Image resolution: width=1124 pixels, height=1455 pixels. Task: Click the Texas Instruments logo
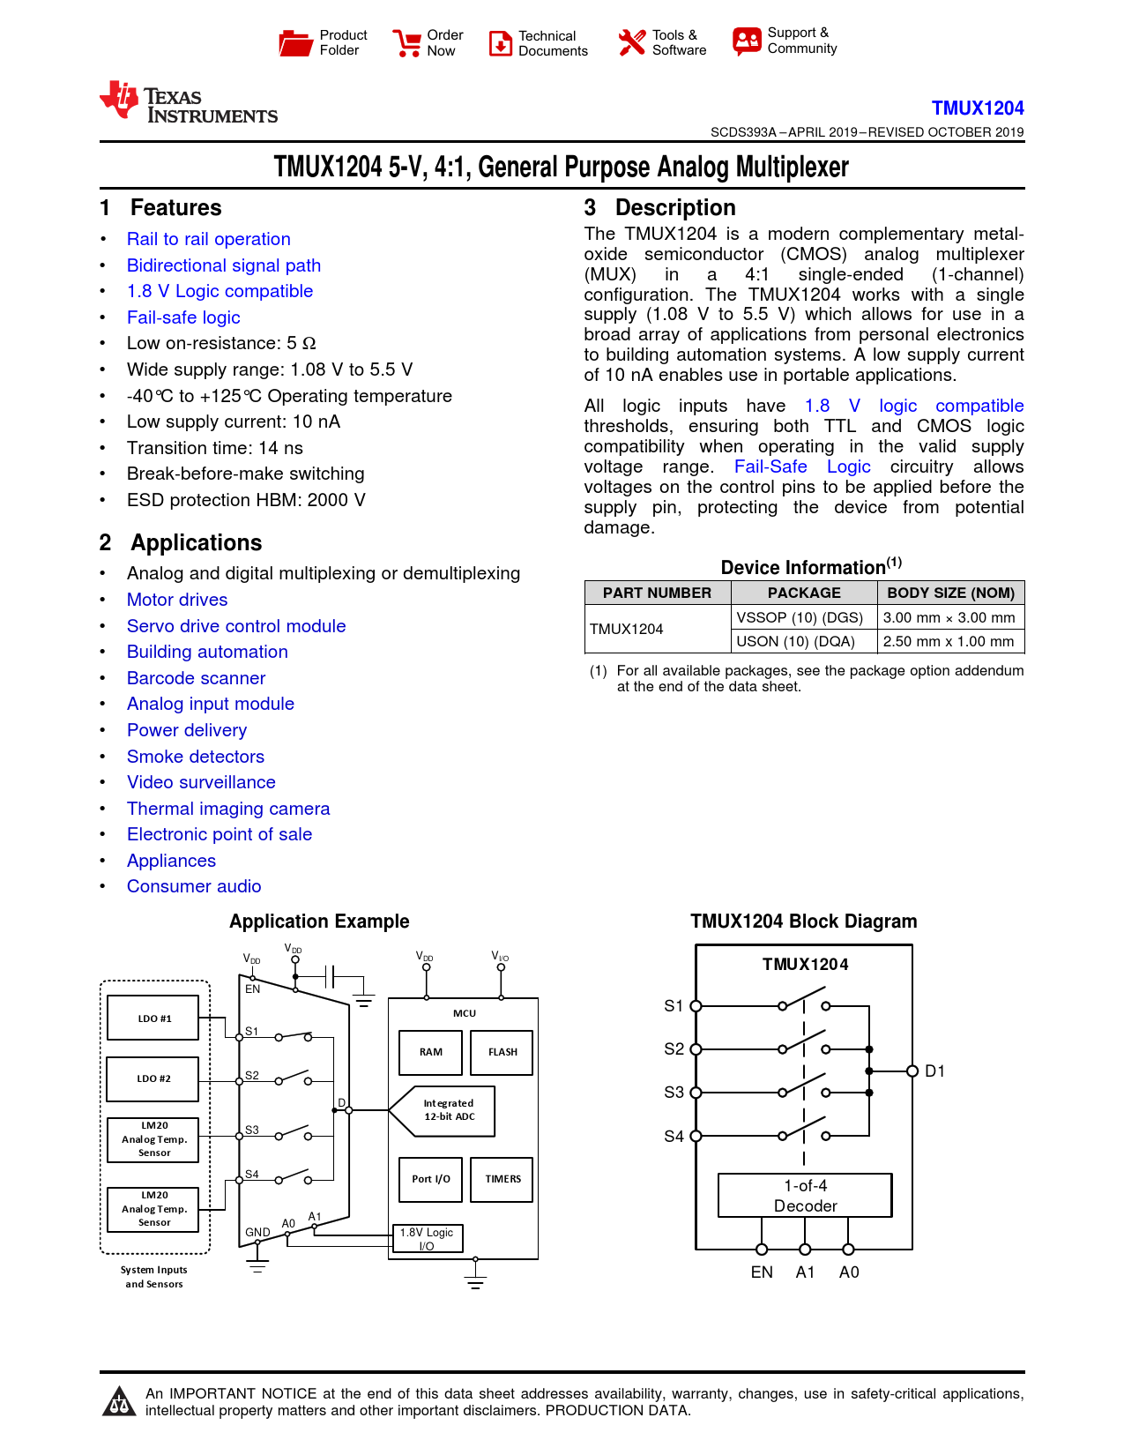point(188,103)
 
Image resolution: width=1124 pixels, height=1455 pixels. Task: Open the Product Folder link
point(322,42)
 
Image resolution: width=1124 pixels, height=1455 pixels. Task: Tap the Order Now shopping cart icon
point(406,42)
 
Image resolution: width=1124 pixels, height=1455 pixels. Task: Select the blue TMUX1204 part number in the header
point(977,108)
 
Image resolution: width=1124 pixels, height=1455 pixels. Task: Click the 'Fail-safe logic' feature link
point(183,317)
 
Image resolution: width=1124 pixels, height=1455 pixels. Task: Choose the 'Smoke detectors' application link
point(195,757)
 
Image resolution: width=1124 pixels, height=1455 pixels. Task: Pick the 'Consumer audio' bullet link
point(194,886)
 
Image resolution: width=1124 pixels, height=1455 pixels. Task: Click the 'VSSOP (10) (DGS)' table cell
point(800,617)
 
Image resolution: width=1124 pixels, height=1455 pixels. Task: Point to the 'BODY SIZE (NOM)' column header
point(950,593)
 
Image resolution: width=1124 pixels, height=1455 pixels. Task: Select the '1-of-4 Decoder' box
point(805,1196)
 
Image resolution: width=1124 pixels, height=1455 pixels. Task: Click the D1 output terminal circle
point(912,1071)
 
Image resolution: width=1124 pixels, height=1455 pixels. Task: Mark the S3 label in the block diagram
point(674,1093)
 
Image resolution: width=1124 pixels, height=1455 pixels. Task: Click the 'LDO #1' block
point(153,1018)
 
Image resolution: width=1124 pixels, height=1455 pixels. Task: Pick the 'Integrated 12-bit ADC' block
point(449,1109)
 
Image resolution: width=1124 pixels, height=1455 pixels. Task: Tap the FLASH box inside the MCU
point(502,1052)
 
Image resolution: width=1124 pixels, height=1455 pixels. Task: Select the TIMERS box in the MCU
point(502,1179)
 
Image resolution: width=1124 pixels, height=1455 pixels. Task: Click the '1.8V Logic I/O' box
point(427,1238)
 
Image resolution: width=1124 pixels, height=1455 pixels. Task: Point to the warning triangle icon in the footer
point(119,1401)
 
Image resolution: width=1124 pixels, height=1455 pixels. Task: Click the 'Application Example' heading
point(319,921)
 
